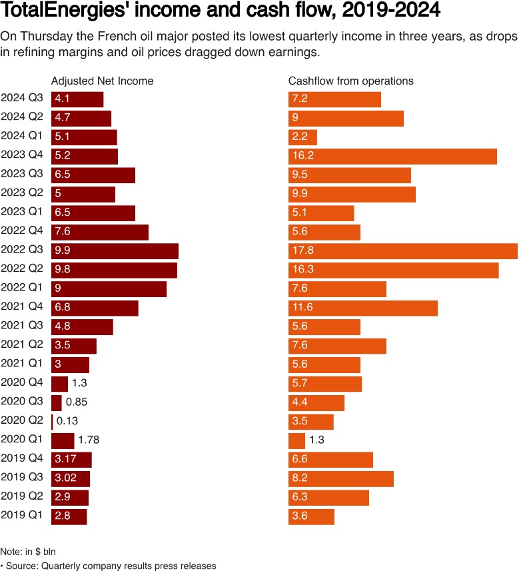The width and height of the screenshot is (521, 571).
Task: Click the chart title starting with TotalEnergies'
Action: (x=221, y=12)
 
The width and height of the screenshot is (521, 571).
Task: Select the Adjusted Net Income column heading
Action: (x=102, y=81)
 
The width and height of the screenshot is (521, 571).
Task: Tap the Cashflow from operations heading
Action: (x=350, y=81)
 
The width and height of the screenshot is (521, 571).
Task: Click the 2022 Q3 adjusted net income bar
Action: (x=115, y=251)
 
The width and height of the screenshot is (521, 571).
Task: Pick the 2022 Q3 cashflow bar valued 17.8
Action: (x=402, y=251)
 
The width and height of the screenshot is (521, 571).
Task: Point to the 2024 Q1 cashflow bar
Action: (x=302, y=137)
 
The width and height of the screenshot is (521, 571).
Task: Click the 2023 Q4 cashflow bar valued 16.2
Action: (x=392, y=156)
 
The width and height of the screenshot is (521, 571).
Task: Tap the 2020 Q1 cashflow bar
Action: (x=296, y=440)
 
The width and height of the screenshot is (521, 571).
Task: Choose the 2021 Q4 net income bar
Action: (x=95, y=308)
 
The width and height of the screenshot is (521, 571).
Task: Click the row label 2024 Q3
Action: (x=21, y=99)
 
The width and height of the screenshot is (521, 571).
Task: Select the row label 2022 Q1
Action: (x=21, y=288)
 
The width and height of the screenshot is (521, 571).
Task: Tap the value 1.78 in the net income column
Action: (x=89, y=440)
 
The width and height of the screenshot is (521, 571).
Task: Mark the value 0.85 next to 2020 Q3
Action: (x=77, y=402)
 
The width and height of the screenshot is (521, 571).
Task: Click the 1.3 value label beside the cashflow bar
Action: (x=317, y=440)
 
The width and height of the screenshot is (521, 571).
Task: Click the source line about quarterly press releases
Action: (x=110, y=566)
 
